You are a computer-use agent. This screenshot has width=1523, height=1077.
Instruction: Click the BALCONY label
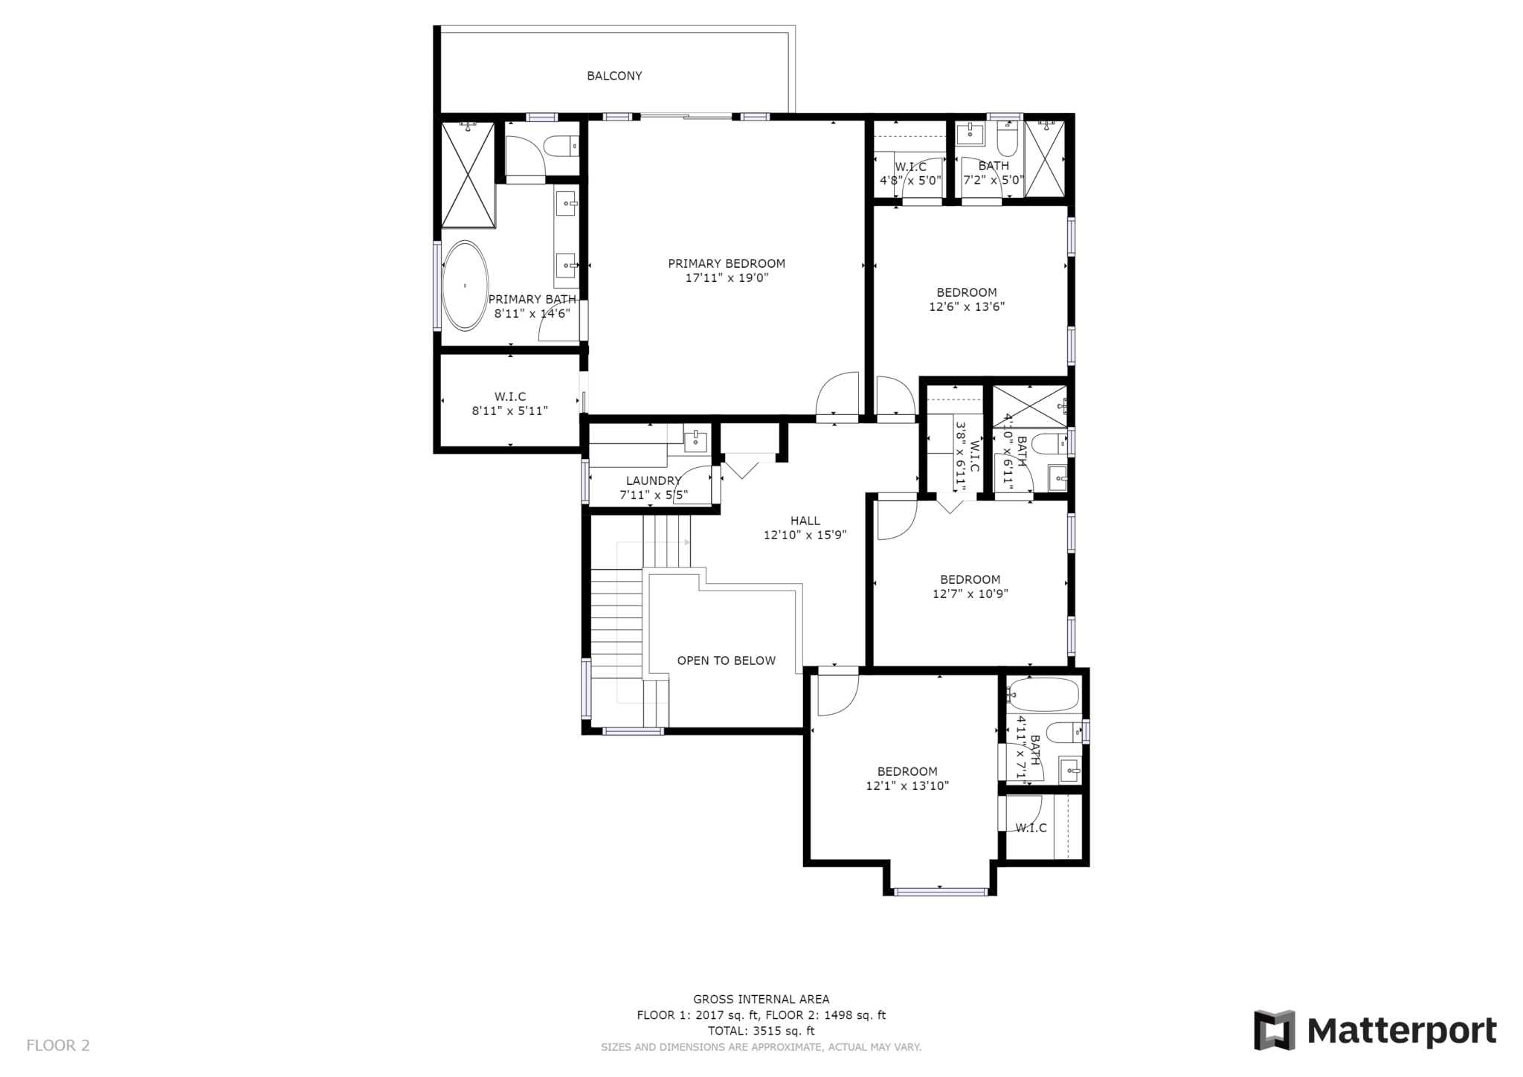click(x=614, y=76)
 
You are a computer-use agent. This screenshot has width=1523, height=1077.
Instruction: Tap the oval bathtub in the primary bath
click(x=466, y=285)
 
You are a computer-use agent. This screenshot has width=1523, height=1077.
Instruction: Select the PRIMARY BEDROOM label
click(x=727, y=263)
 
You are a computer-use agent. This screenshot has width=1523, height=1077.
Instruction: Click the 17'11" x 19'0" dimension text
click(x=727, y=278)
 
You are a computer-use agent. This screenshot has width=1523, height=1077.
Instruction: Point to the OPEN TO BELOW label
click(x=726, y=660)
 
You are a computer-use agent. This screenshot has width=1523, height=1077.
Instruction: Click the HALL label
click(x=805, y=521)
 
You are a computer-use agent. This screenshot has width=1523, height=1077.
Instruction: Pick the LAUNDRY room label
click(x=653, y=480)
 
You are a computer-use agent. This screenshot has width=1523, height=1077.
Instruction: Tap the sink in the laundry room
click(x=696, y=440)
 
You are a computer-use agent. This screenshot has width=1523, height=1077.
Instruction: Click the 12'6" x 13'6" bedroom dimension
click(x=967, y=306)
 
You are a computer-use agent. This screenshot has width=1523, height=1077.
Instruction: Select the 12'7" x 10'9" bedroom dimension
click(x=970, y=594)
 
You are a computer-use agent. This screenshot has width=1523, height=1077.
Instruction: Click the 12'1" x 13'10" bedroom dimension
click(x=907, y=785)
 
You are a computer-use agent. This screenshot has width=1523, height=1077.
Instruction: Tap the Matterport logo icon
click(x=1275, y=1030)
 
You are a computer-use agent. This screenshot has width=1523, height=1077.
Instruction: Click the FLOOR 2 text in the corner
click(x=58, y=1045)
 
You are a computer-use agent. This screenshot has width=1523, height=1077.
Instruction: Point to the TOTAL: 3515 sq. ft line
click(x=761, y=1031)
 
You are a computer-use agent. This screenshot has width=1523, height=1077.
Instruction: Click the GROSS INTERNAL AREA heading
click(x=761, y=1000)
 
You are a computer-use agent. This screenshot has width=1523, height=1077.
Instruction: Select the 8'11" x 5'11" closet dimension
click(x=510, y=411)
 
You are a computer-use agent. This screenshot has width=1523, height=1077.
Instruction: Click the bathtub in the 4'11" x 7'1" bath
click(x=1042, y=696)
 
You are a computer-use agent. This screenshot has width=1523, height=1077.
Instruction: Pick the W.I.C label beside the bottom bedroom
click(x=1031, y=828)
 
